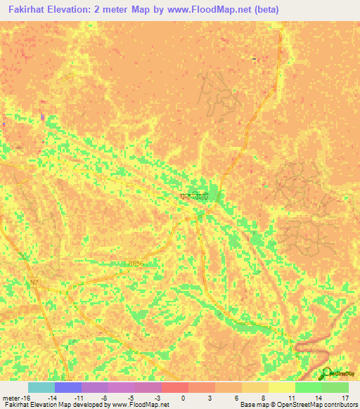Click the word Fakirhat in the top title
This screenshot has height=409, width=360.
pos(27,9)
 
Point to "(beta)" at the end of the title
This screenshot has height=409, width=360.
pos(266,9)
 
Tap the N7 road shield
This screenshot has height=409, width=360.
pos(34,283)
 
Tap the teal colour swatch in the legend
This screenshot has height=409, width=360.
pos(41,387)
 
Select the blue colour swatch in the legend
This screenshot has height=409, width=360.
pos(67,387)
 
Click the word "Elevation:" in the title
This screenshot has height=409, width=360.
pos(74,9)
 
